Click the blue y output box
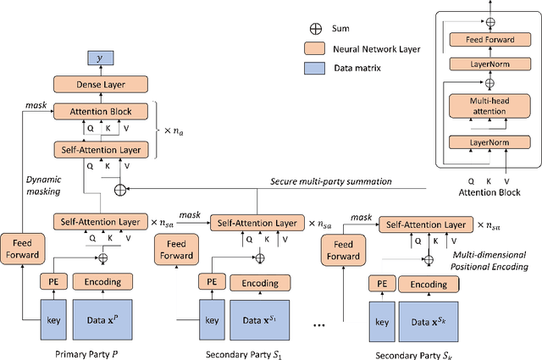pyautogui.click(x=101, y=59)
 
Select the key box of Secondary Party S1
pyautogui.click(x=212, y=320)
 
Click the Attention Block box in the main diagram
pyautogui.click(x=101, y=110)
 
